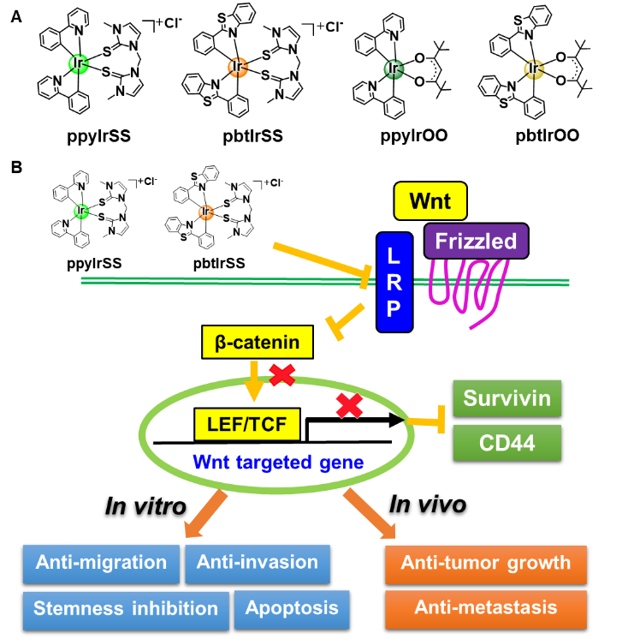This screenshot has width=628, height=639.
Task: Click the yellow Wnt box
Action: [x=430, y=201]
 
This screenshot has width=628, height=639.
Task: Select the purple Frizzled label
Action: [x=476, y=241]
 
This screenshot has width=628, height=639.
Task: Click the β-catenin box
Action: [x=258, y=343]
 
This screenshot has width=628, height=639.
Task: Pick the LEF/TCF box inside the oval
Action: [x=246, y=423]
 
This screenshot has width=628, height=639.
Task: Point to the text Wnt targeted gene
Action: [x=278, y=463]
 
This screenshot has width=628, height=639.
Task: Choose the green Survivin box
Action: [x=507, y=398]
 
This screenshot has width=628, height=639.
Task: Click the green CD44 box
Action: [x=507, y=443]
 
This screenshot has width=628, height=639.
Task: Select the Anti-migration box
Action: [x=101, y=563]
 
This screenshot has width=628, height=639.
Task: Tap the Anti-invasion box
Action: [x=258, y=563]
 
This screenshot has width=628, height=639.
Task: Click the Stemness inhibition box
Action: [x=126, y=609]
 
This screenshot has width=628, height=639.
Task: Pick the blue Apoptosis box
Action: [x=292, y=609]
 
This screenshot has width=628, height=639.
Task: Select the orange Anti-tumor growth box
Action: [x=485, y=564]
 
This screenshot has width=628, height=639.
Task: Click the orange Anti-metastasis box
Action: [x=485, y=608]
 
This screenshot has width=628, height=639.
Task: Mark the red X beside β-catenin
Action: [x=282, y=374]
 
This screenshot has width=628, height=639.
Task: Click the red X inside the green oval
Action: [x=348, y=405]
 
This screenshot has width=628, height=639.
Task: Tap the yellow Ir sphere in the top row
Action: [x=534, y=69]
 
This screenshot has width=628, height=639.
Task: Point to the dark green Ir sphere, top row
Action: [x=393, y=69]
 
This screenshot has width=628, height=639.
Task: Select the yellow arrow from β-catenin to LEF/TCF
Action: [x=253, y=381]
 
